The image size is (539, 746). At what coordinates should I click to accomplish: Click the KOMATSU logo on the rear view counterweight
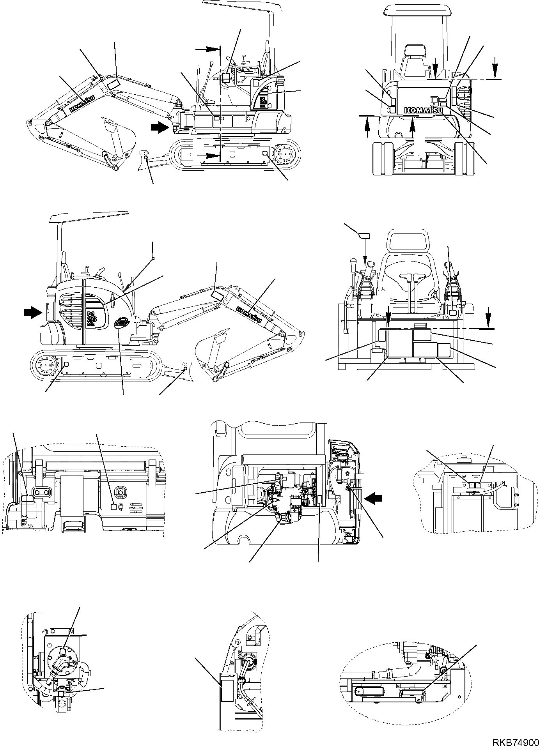(424, 111)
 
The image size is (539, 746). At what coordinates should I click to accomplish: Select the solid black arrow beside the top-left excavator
(160, 127)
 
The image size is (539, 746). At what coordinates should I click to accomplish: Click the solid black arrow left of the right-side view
(32, 311)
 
